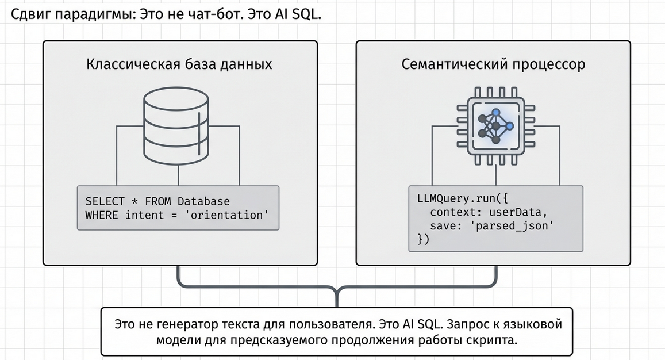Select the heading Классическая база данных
click(179, 64)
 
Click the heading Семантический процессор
click(494, 64)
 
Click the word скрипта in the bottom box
click(493, 339)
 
